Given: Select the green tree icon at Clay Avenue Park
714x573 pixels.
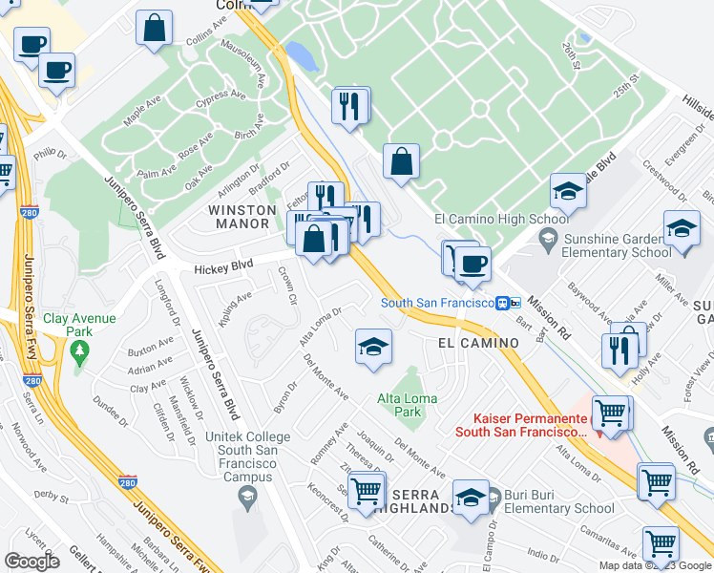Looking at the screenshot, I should point(78,351).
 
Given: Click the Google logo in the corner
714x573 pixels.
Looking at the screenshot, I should point(31,562).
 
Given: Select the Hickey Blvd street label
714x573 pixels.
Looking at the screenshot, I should point(224,268).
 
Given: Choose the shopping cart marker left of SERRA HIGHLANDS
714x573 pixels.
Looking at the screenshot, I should point(367,492).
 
